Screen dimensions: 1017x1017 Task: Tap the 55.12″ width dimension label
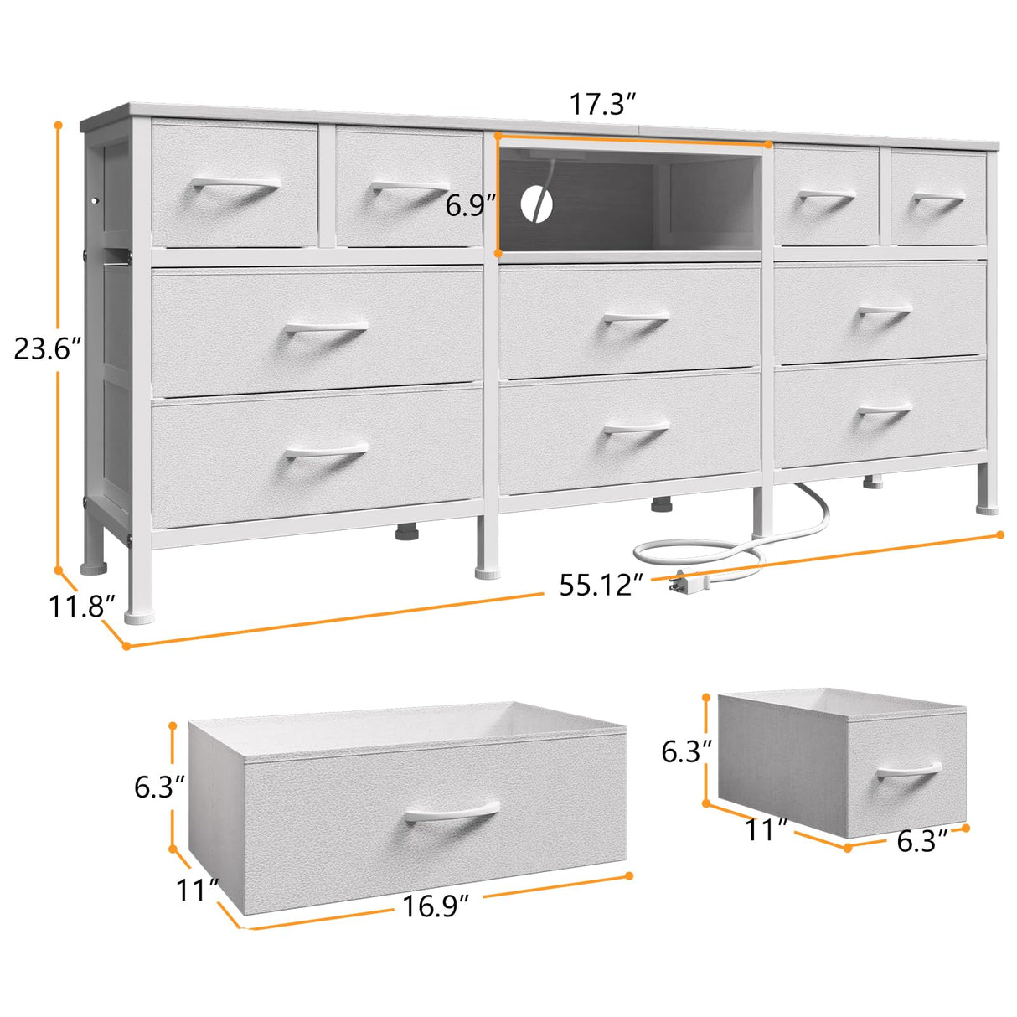tap(601, 585)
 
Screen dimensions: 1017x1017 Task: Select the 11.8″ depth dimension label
tap(80, 605)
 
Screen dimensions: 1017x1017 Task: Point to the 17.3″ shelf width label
tap(603, 105)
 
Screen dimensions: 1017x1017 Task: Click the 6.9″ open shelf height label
tap(471, 205)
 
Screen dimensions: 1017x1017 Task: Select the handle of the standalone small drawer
tap(909, 769)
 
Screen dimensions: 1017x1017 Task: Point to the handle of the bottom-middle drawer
tap(636, 430)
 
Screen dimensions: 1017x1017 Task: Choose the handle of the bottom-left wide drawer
tap(326, 452)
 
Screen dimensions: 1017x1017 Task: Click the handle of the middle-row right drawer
tap(885, 312)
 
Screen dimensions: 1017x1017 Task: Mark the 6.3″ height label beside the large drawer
tap(159, 787)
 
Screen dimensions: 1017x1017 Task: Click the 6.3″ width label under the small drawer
tap(922, 840)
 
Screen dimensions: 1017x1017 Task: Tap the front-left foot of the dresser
tap(139, 616)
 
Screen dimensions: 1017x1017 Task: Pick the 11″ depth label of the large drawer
tap(198, 890)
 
